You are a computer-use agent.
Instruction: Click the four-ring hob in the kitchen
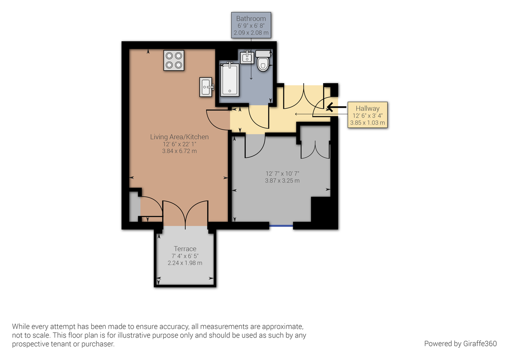174,60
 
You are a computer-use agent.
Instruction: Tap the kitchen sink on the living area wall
207,87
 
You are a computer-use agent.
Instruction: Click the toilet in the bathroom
263,61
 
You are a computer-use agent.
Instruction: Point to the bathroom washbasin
246,57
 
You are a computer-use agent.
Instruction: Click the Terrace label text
185,249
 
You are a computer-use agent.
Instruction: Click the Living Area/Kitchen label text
179,137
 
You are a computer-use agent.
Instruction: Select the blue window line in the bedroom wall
281,225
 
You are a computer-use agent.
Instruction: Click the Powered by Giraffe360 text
460,343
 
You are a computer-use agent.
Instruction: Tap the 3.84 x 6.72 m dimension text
179,151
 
